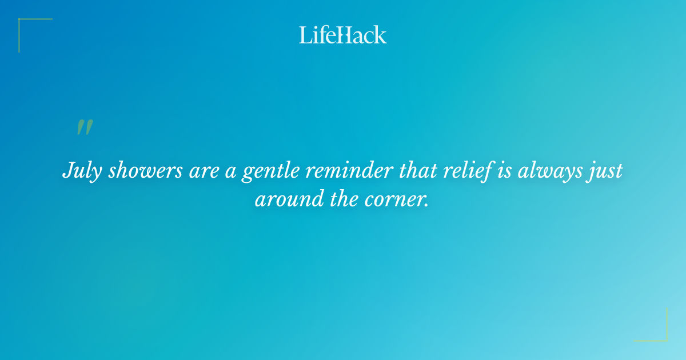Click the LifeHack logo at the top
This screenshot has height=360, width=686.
pos(343,35)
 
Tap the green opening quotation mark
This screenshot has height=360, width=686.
pos(84,127)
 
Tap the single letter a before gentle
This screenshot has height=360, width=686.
pos(230,171)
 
